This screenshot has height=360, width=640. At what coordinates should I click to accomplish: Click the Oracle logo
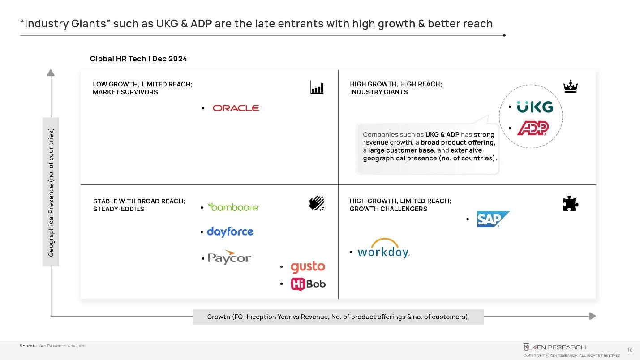point(236,108)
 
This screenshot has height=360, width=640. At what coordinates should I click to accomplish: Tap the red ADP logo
point(533,129)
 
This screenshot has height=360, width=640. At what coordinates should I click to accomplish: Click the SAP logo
point(493,219)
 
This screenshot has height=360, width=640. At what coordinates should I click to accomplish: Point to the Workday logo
point(383,250)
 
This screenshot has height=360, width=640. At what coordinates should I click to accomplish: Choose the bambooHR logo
point(233,207)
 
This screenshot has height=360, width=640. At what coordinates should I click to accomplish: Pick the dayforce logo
point(230,232)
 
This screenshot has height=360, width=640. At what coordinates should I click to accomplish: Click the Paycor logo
point(229,257)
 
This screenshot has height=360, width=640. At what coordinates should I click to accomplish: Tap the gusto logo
point(308,267)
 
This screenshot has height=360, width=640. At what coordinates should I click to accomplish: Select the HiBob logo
point(308,284)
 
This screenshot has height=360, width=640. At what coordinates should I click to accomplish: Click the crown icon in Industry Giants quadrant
point(570,87)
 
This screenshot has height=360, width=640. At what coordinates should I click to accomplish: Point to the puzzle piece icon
point(570,204)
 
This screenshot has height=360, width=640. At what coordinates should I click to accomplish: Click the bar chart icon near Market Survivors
point(317,87)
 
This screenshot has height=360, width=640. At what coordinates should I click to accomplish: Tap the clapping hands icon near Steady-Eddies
point(317,204)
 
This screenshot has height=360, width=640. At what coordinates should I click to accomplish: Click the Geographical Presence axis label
point(51,193)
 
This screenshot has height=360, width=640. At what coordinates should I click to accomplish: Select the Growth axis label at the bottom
point(337,317)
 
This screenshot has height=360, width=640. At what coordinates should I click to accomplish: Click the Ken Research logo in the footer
point(554,347)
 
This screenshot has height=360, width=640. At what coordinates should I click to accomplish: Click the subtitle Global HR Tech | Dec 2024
point(138,59)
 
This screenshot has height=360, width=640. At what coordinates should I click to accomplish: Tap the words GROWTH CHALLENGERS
point(388,209)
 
